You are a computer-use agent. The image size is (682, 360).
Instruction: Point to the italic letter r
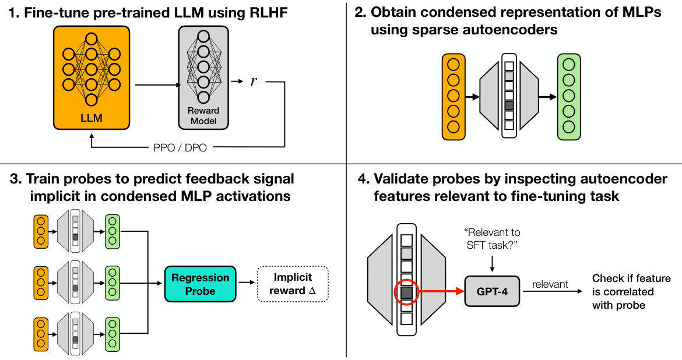pyautogui.click(x=254, y=81)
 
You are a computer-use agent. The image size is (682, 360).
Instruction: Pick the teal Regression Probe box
pyautogui.click(x=201, y=284)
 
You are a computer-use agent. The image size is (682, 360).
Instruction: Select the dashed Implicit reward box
pyautogui.click(x=293, y=284)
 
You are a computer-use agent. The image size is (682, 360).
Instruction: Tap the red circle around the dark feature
pyautogui.click(x=406, y=292)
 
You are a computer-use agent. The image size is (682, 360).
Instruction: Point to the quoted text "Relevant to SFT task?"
pyautogui.click(x=493, y=239)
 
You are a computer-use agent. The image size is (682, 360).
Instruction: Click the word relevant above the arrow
pyautogui.click(x=550, y=284)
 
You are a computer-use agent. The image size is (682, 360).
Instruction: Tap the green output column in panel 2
pyautogui.click(x=568, y=96)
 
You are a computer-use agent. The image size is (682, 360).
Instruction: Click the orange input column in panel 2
pyautogui.click(x=453, y=96)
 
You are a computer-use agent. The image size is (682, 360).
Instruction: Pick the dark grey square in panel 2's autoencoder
pyautogui.click(x=509, y=105)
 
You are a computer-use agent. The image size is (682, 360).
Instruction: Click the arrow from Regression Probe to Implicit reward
pyautogui.click(x=247, y=284)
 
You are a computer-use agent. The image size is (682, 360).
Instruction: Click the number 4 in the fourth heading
pyautogui.click(x=361, y=179)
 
